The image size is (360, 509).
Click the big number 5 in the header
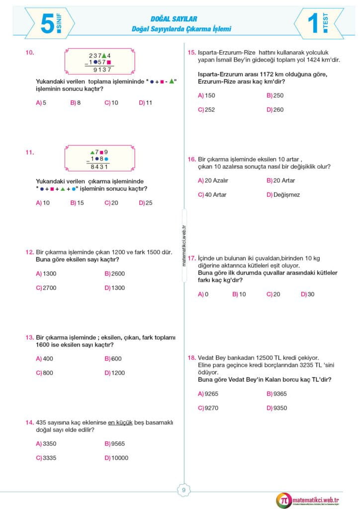tap(47, 23)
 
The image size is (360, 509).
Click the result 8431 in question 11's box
tap(99, 167)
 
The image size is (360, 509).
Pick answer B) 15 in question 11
tap(77, 203)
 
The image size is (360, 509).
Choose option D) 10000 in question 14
tap(116, 458)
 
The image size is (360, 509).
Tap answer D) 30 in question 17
tap(307, 294)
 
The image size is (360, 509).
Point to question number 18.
tap(191, 357)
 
